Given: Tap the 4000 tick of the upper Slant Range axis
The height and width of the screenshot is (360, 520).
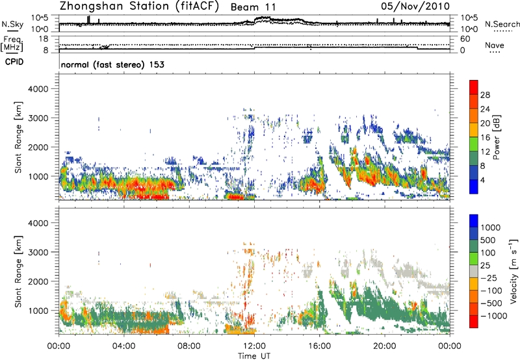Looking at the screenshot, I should click(44, 86).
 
